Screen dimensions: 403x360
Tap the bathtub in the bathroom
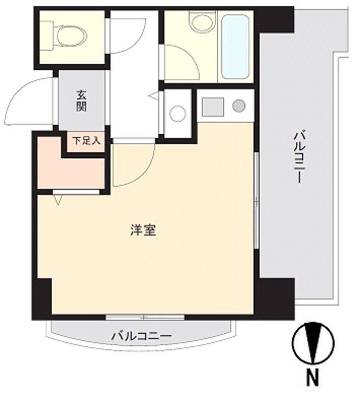click(x=235, y=46)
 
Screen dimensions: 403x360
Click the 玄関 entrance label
click(x=82, y=100)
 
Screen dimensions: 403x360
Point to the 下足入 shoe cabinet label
click(x=86, y=141)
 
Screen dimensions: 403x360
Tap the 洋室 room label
click(x=143, y=231)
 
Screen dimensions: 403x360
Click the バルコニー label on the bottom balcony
click(x=141, y=335)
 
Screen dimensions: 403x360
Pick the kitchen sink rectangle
click(x=212, y=106)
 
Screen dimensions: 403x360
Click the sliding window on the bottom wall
click(x=145, y=317)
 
